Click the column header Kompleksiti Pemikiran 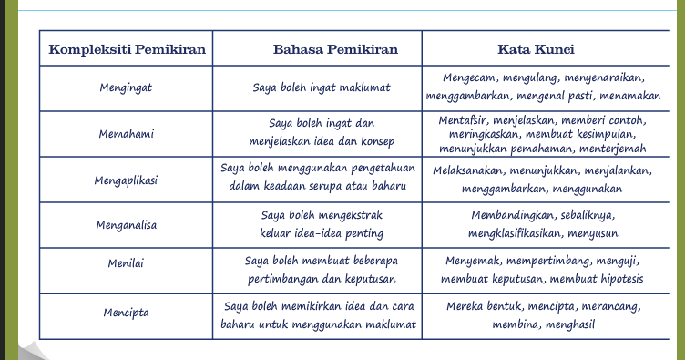point(127,48)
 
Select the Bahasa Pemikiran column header point(318,48)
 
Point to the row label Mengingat point(126,88)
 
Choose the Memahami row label point(126,134)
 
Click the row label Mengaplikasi point(126,180)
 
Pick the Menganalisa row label point(126,224)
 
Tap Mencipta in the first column point(126,314)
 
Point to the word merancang point(609,305)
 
